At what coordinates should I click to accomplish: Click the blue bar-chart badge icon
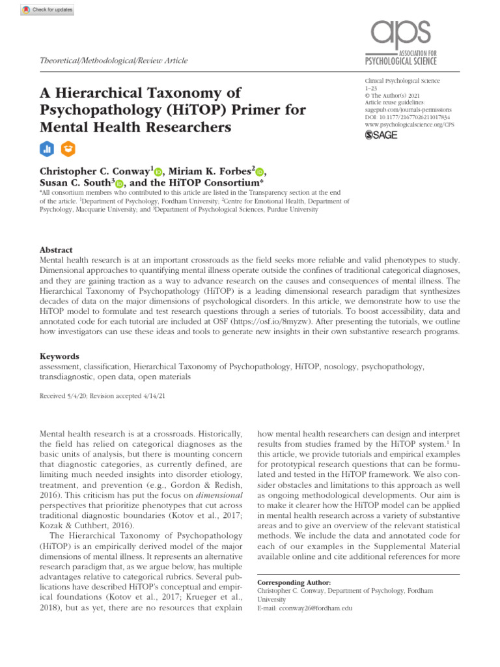[47, 149]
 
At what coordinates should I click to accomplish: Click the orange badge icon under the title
[67, 149]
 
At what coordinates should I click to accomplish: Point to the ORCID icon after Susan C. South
[120, 184]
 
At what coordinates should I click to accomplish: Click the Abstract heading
[56, 250]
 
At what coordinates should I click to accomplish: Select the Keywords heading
[59, 356]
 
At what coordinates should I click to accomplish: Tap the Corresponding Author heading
[294, 582]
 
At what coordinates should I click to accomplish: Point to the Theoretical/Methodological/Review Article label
[114, 61]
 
